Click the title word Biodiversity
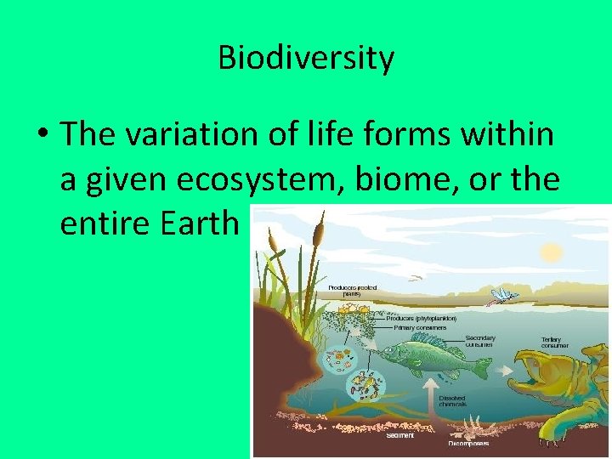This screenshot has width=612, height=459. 306,58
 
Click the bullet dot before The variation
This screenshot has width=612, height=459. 43,135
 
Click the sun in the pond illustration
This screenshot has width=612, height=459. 552,252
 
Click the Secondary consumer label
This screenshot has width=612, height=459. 480,341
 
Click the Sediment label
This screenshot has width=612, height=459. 399,435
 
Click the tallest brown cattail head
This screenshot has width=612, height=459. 319,227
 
